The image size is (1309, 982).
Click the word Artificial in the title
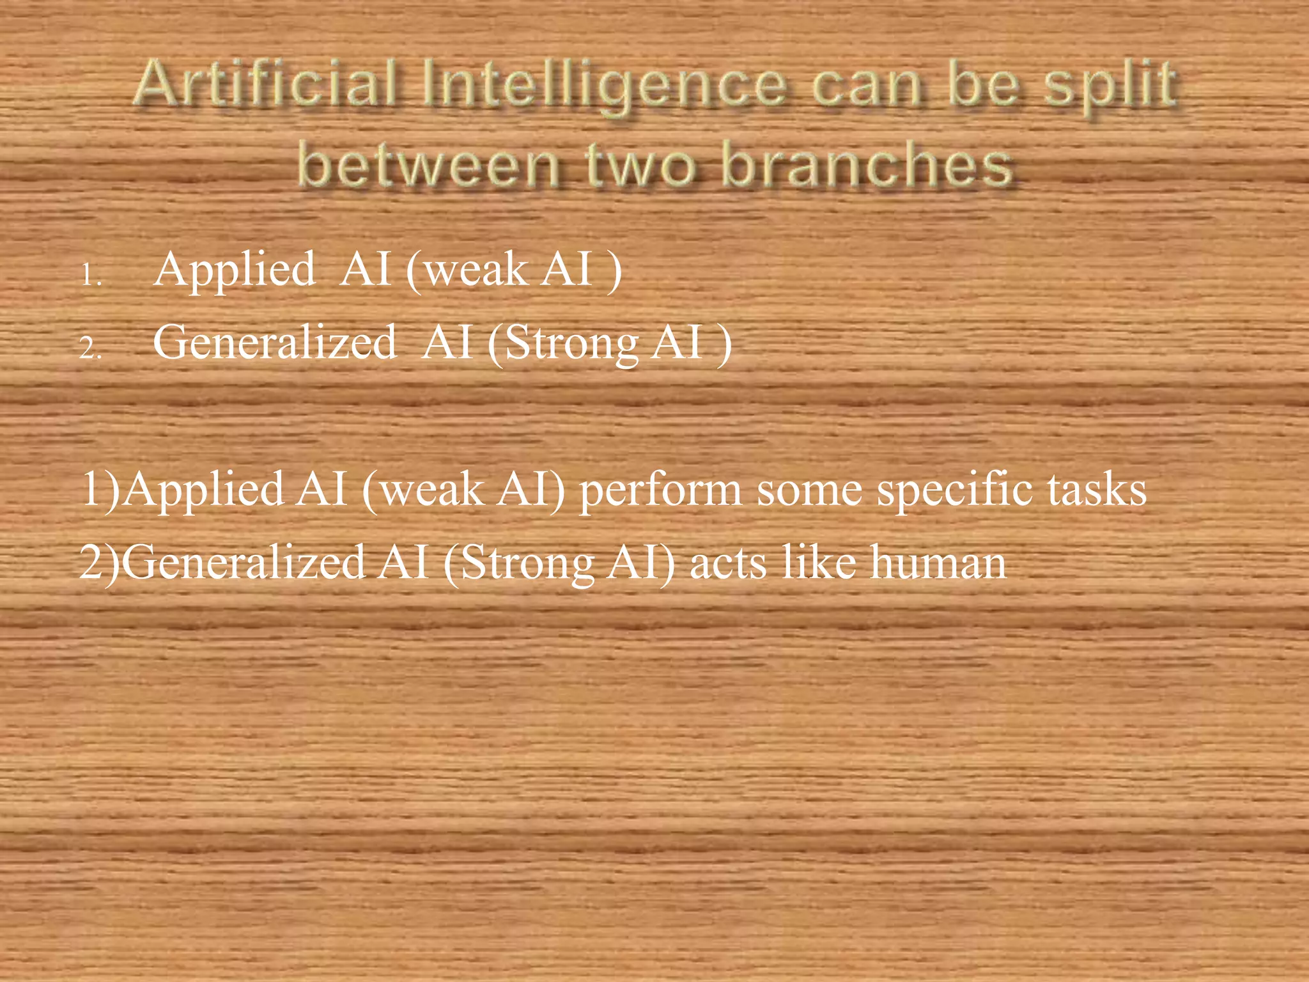point(268,83)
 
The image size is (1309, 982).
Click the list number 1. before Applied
point(91,276)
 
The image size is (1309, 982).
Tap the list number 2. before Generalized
point(91,349)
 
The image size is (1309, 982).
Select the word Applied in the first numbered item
point(235,270)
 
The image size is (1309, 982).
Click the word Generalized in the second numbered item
point(275,343)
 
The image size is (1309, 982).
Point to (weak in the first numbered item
point(467,270)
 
